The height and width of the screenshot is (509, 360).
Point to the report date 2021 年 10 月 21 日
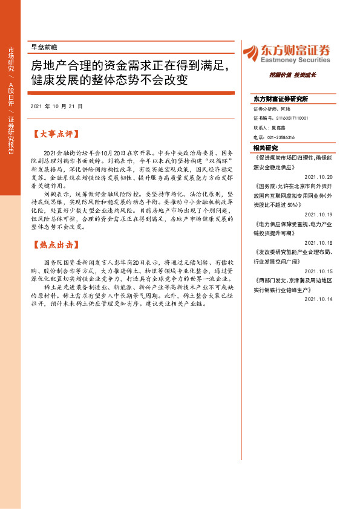(56, 106)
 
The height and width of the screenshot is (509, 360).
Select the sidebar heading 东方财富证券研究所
(281, 99)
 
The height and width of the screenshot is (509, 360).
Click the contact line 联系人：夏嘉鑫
(269, 128)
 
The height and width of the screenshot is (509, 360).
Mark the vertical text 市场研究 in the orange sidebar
(10, 59)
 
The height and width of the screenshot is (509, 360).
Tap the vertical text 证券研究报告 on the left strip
(10, 134)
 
